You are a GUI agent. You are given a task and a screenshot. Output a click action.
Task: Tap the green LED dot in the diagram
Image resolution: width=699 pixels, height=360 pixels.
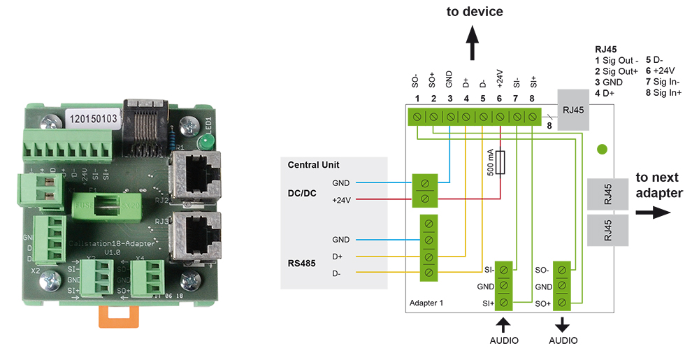point(602,149)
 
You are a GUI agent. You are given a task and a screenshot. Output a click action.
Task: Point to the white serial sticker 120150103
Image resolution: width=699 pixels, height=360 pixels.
point(94,118)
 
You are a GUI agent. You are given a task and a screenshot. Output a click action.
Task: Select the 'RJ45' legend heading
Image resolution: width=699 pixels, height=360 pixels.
point(605,50)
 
